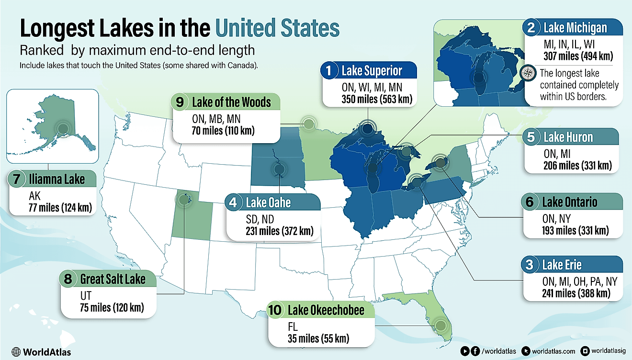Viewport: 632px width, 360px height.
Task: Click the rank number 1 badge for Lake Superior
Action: click(328, 71)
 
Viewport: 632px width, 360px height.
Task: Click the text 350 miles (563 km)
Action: click(369, 99)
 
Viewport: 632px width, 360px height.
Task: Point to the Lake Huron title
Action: click(568, 137)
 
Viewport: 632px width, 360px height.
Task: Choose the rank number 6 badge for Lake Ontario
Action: click(529, 202)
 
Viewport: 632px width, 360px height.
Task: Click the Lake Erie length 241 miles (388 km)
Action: click(576, 293)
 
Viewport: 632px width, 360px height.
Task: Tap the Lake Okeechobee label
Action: click(326, 310)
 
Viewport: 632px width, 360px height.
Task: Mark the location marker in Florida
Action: click(441, 326)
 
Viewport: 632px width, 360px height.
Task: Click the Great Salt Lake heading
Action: click(113, 279)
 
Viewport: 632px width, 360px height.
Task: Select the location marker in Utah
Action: click(183, 200)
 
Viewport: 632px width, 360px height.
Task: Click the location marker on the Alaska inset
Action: click(62, 128)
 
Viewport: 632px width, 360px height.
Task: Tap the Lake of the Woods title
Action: click(231, 102)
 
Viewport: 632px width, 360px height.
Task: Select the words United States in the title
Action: click(277, 28)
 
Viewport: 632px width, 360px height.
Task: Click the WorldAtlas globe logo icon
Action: click(16, 352)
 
